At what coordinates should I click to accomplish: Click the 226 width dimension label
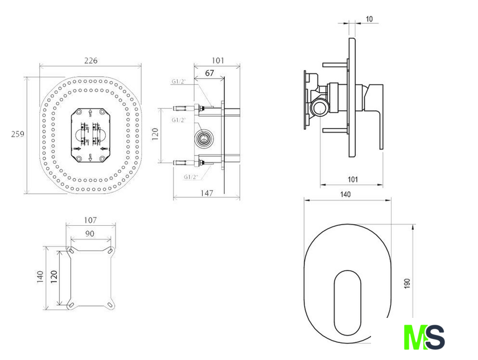(x=91, y=61)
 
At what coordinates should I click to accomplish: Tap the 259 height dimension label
(x=18, y=134)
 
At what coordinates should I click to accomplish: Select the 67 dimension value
(x=209, y=73)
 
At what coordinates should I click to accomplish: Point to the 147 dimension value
(x=207, y=193)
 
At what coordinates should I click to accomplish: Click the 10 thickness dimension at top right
(x=369, y=19)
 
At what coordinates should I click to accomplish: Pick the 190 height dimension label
(x=407, y=283)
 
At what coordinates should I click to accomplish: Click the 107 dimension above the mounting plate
(x=90, y=220)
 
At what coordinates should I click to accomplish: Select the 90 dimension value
(x=90, y=234)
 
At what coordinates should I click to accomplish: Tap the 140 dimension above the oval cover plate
(x=345, y=195)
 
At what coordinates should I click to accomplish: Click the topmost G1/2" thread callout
(x=178, y=81)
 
